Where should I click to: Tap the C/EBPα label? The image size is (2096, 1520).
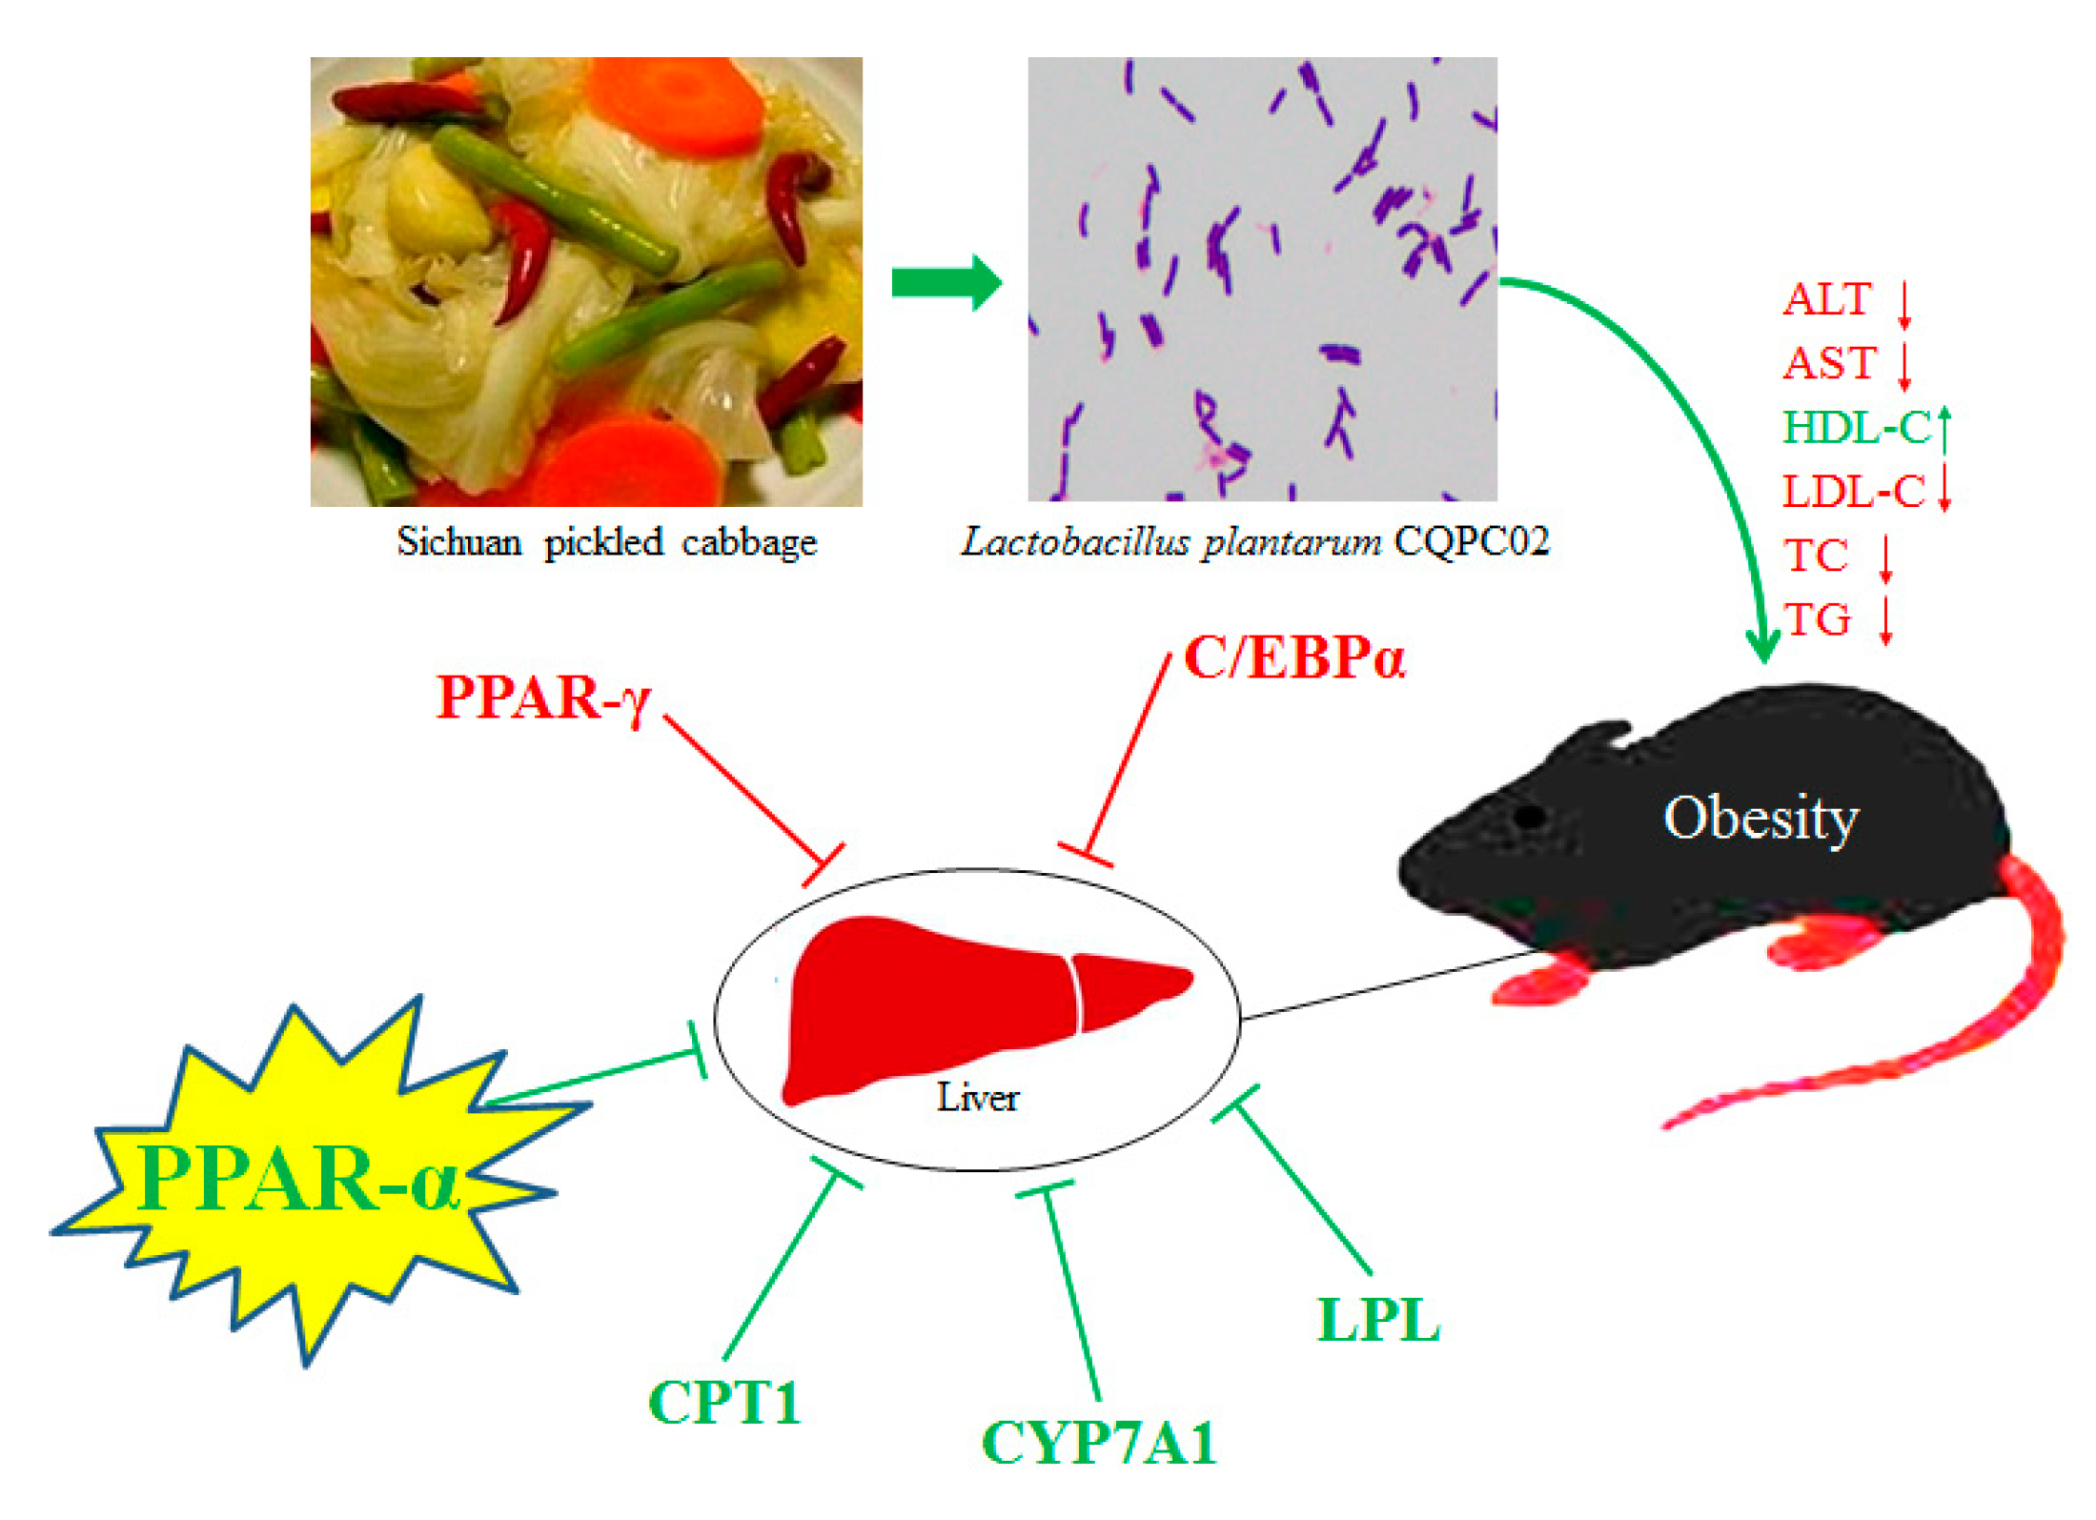(x=1293, y=659)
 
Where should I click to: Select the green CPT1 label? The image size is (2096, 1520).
(x=724, y=1403)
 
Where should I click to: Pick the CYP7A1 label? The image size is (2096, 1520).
(x=1098, y=1443)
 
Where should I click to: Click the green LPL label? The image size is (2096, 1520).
(x=1378, y=1321)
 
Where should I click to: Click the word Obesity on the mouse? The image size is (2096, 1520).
(x=1760, y=819)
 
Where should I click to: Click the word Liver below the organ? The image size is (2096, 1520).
(x=977, y=1098)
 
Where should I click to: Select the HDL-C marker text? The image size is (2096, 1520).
(x=1857, y=428)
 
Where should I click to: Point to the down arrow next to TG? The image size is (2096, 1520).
(x=1885, y=619)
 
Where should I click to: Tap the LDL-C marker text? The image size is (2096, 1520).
(x=1854, y=492)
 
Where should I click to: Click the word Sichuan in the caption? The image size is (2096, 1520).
(x=458, y=542)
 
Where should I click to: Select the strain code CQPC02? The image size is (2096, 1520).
(x=1472, y=542)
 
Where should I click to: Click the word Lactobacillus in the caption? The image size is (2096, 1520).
(x=1074, y=542)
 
